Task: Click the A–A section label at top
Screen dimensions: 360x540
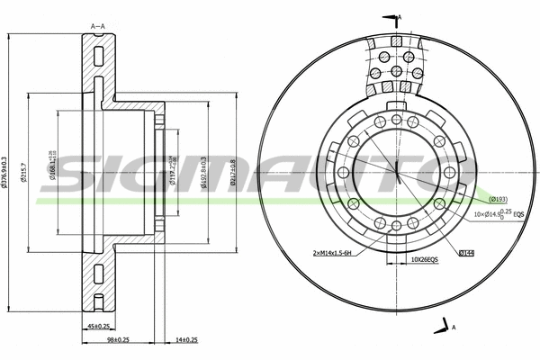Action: pos(98,26)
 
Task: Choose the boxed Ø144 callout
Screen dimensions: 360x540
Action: pos(465,255)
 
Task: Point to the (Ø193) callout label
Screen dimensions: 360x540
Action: pos(499,198)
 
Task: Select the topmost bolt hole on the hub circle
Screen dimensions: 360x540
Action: pos(395,118)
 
